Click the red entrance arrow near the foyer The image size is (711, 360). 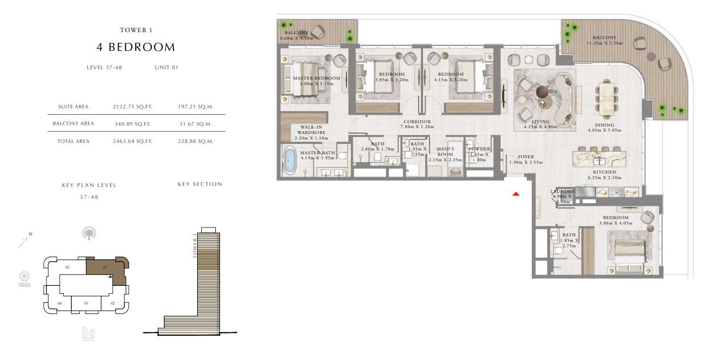[516, 194]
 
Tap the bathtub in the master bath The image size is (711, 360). [289, 160]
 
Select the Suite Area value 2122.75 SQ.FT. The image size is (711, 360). [133, 107]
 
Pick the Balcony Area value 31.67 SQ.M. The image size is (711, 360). [195, 124]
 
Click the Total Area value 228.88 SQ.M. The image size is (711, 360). [195, 141]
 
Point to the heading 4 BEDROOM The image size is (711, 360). [136, 47]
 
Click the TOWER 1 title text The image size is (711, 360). [136, 30]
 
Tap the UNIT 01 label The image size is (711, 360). [167, 67]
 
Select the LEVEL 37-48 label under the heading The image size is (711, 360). [104, 67]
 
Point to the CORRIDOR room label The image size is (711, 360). [417, 122]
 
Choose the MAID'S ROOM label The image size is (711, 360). [445, 151]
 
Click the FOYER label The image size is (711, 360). [526, 157]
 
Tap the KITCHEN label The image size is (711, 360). [604, 172]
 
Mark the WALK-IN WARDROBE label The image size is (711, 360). [311, 130]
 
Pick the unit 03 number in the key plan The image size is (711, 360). [86, 303]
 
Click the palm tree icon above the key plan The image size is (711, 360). [89, 233]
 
